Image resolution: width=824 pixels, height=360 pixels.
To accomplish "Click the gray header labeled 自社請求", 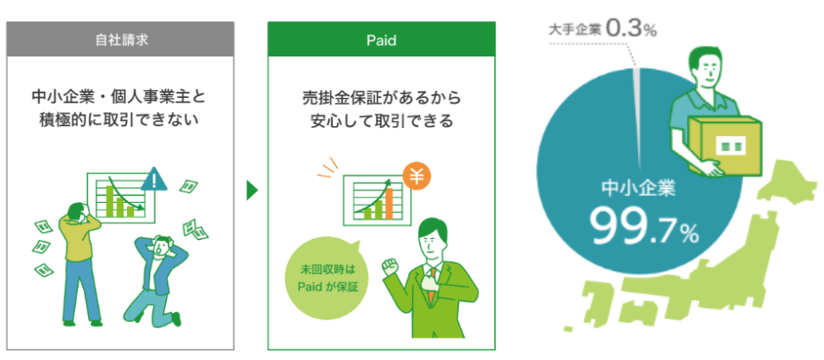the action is point(120,40).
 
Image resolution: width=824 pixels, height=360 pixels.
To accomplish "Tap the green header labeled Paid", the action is point(381,40).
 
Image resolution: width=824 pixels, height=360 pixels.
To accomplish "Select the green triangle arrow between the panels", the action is point(252,191).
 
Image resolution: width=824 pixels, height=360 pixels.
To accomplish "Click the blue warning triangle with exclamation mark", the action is point(154,179).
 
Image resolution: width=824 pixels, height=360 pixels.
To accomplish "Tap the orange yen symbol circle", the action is point(416,177).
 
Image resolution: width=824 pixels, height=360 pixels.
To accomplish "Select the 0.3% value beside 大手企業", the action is point(631,28).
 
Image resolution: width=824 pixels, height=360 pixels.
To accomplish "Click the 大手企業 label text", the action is point(574,29).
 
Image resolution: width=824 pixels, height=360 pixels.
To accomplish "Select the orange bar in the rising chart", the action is point(389,204).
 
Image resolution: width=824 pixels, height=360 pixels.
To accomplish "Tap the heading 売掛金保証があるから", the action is point(381,97).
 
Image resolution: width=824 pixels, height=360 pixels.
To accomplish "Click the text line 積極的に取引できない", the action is point(120,121).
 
